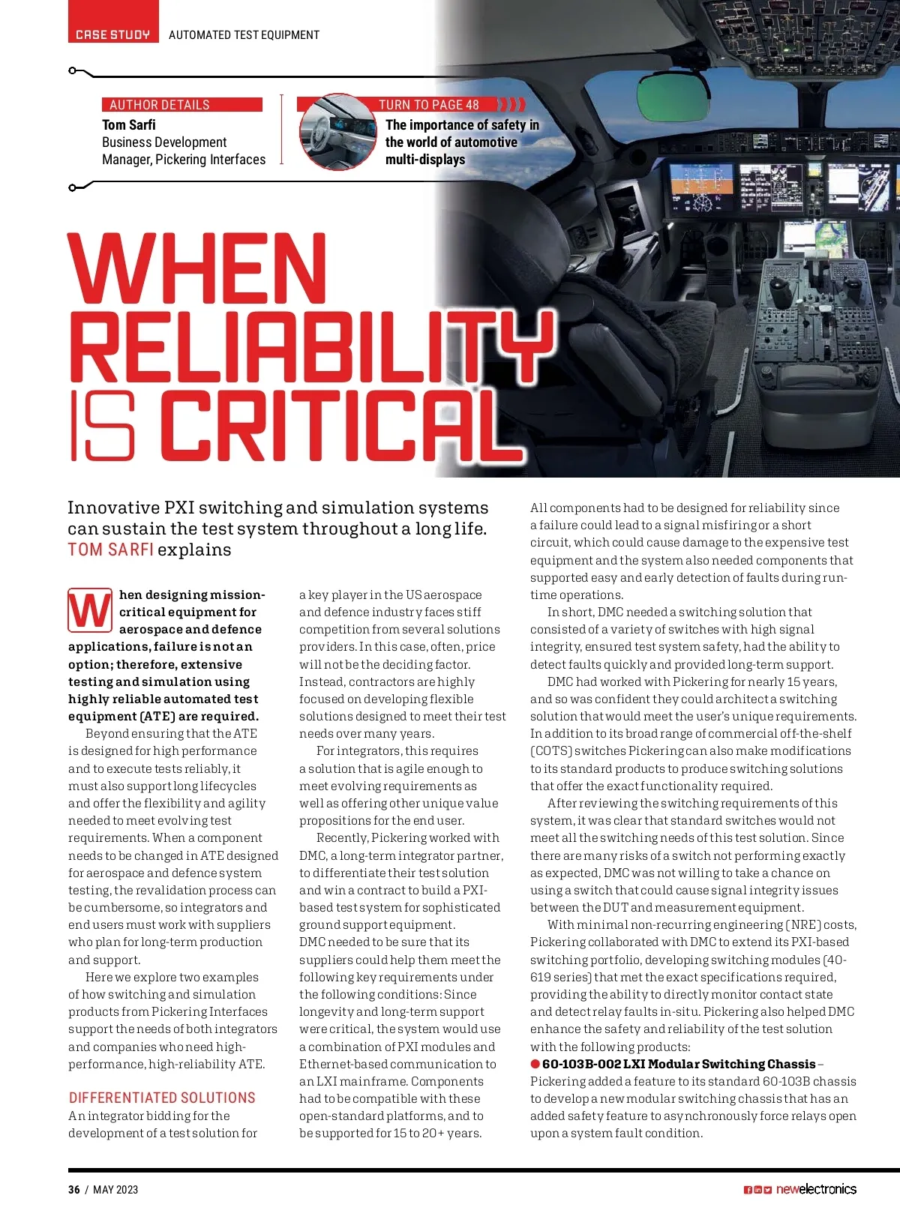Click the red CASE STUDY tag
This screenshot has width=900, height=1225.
pyautogui.click(x=113, y=34)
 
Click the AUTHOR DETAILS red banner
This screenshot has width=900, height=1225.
pyautogui.click(x=182, y=105)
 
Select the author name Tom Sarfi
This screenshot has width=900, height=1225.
pyautogui.click(x=129, y=125)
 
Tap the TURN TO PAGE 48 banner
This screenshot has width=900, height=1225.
pyautogui.click(x=428, y=105)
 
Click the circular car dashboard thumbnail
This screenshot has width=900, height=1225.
pyautogui.click(x=337, y=133)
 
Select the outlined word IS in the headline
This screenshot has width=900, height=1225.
pyautogui.click(x=103, y=424)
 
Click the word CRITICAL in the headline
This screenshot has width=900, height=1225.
pyautogui.click(x=330, y=424)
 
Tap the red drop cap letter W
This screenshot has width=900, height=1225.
pyautogui.click(x=90, y=611)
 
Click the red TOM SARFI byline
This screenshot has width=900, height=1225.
pyautogui.click(x=110, y=550)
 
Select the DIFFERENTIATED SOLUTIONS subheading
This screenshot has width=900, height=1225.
pyautogui.click(x=162, y=1098)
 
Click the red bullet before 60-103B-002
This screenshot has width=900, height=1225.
pyautogui.click(x=535, y=1064)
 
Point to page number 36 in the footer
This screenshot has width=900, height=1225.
pyautogui.click(x=73, y=1190)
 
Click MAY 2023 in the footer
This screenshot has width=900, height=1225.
pyautogui.click(x=115, y=1190)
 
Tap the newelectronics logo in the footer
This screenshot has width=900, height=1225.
pyautogui.click(x=815, y=1189)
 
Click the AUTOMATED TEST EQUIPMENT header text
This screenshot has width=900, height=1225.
pyautogui.click(x=244, y=35)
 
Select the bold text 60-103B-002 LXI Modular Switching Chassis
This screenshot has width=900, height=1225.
pyautogui.click(x=679, y=1064)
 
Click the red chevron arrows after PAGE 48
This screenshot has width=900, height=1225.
pyautogui.click(x=512, y=104)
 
